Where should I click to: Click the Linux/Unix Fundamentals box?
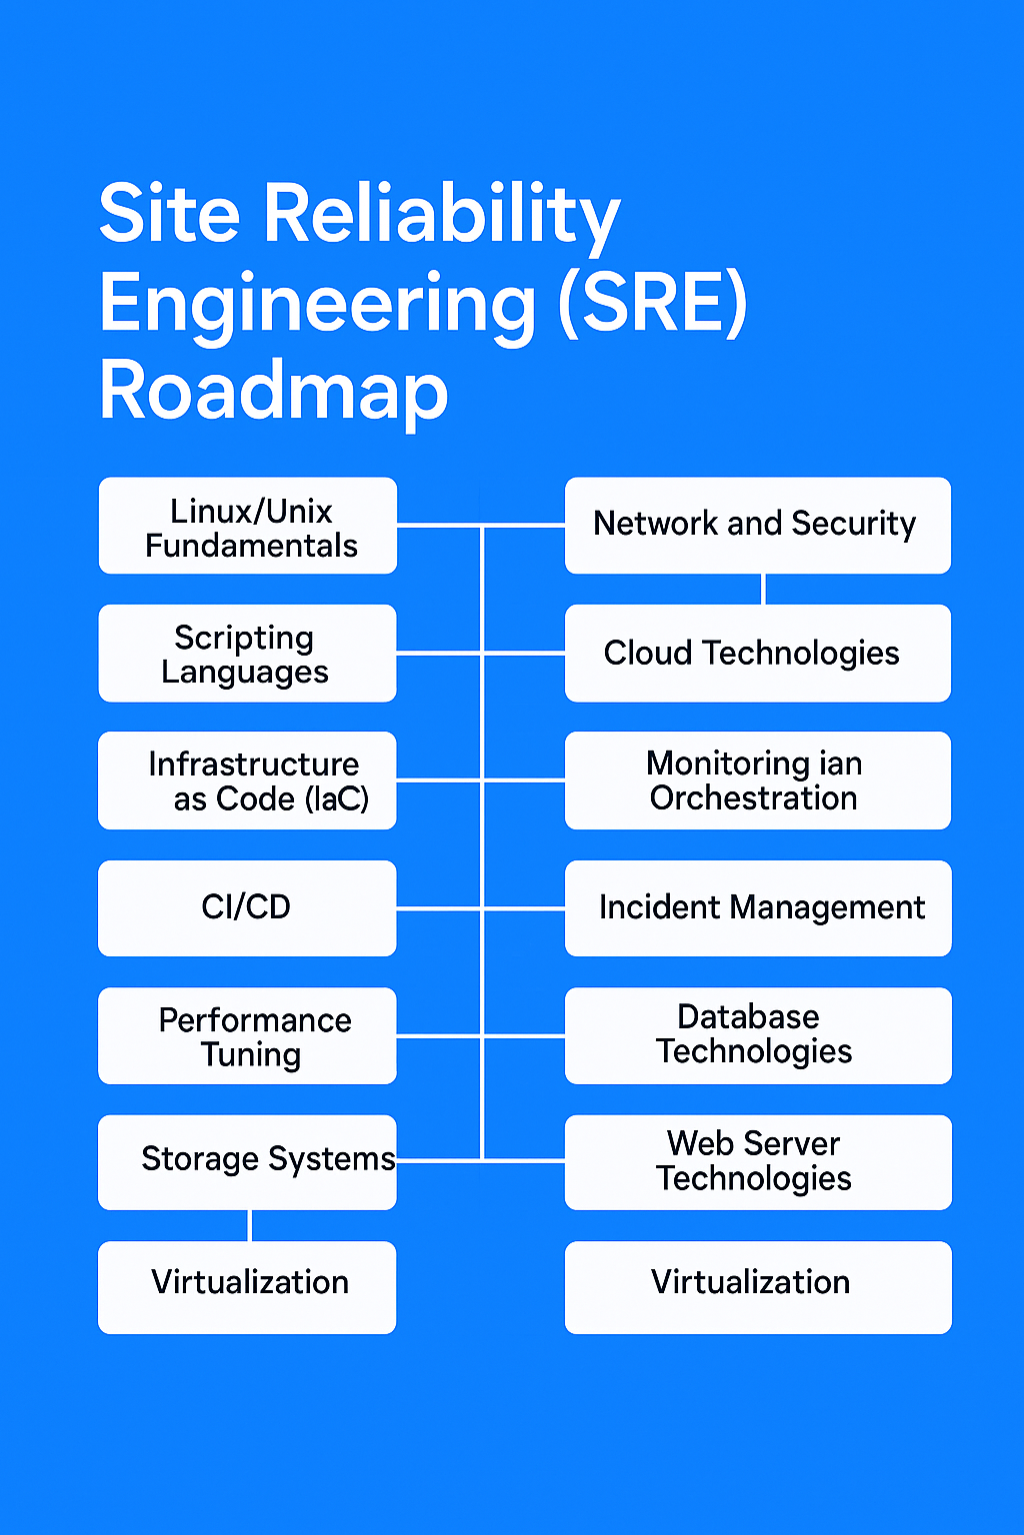point(248,526)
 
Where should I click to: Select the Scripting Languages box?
point(247,653)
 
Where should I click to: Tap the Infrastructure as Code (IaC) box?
point(247,780)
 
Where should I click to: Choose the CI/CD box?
point(247,907)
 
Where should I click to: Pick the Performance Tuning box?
point(247,1035)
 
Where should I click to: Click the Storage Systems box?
point(247,1161)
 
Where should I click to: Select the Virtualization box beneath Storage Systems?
point(247,1287)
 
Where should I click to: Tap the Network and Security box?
point(757,525)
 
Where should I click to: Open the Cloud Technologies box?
point(757,653)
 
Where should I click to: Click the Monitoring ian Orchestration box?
point(757,780)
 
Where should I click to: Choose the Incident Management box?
point(758,907)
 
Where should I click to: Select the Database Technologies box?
point(758,1035)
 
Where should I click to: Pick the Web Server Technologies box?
point(758,1161)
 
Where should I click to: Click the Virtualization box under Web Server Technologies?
point(758,1287)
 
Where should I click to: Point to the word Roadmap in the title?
point(274,392)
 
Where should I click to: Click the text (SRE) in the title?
point(652,304)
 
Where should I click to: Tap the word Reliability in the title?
point(441,216)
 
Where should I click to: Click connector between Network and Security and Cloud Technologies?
point(763,589)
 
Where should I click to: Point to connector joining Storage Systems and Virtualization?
point(249,1225)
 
